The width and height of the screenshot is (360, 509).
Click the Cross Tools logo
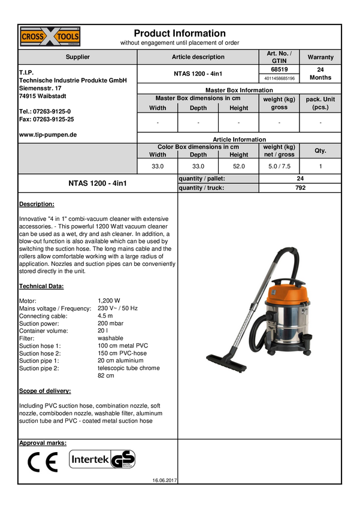[50, 37]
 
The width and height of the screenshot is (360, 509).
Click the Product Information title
[180, 33]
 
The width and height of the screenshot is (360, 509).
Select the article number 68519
[279, 69]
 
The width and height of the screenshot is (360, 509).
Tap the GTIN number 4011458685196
[279, 78]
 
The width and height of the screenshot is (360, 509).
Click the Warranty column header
[320, 57]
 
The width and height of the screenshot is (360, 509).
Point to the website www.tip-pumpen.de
[48, 135]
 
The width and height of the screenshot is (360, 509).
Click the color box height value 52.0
[238, 166]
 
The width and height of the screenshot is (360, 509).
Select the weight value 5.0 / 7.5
[279, 166]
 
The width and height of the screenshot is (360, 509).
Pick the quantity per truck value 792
[300, 187]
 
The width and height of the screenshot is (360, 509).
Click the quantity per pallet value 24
[300, 178]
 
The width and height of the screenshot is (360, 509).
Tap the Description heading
[37, 204]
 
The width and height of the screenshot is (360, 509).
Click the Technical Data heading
[41, 286]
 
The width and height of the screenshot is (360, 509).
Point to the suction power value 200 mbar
[110, 323]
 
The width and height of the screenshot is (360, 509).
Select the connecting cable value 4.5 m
[105, 316]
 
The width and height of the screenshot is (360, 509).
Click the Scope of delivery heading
[45, 391]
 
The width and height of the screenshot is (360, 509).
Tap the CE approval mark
[43, 462]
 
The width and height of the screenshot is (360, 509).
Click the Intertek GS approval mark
[102, 459]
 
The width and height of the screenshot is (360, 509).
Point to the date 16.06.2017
[165, 480]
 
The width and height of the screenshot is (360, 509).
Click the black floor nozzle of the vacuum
[226, 363]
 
